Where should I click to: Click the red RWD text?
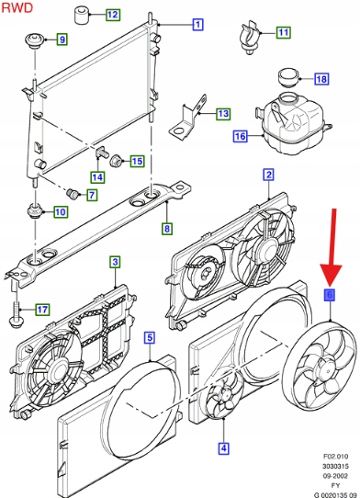[x=17, y=7]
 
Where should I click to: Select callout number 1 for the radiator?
[x=197, y=24]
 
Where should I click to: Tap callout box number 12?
[x=113, y=15]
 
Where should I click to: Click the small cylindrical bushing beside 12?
[x=82, y=15]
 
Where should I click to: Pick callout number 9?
[x=62, y=40]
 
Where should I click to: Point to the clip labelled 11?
[x=250, y=38]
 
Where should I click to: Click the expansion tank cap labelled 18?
[x=289, y=78]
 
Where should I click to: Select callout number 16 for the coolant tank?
[x=240, y=136]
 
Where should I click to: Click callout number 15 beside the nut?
[x=137, y=162]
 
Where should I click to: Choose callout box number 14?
[x=97, y=177]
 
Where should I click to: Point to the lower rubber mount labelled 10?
[x=34, y=211]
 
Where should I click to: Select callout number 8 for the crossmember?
[x=167, y=229]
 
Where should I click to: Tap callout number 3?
[x=115, y=262]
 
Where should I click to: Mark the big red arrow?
[x=332, y=247]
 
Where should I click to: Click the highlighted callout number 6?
[x=330, y=295]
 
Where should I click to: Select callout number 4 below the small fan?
[x=223, y=448]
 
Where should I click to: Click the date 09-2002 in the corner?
[x=335, y=476]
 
